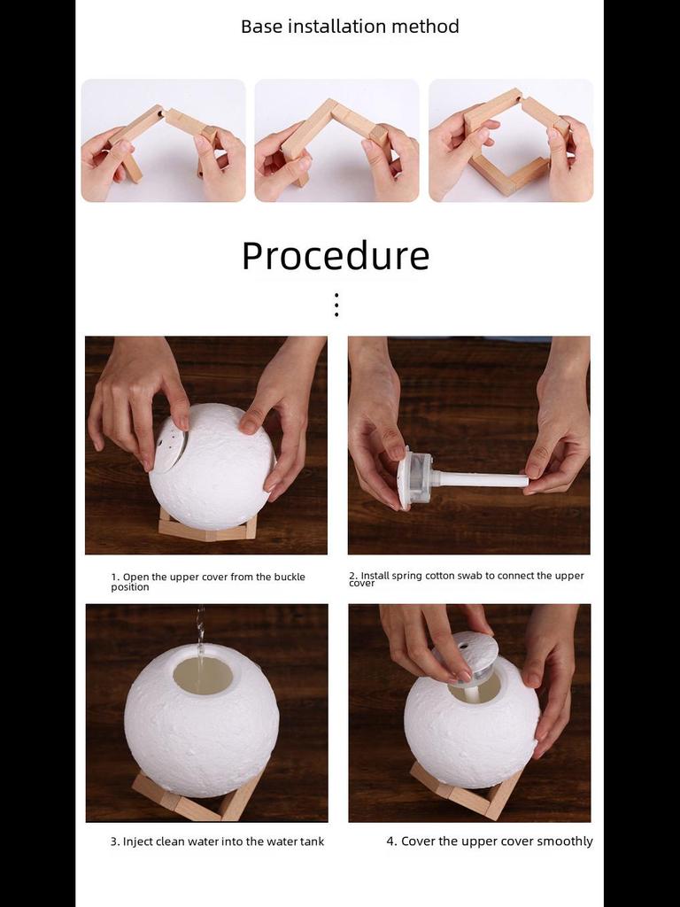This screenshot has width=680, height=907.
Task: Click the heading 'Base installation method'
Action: tap(350, 27)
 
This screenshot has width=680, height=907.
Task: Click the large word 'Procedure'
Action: tap(336, 256)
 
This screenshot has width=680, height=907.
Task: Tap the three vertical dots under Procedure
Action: tap(336, 305)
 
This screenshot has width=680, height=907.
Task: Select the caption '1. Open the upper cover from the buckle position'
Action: tap(208, 581)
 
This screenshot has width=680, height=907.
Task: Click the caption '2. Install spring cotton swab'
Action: tap(467, 578)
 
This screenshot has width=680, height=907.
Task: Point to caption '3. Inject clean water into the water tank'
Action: tap(217, 841)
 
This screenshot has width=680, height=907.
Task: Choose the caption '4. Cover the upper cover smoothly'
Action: tap(489, 841)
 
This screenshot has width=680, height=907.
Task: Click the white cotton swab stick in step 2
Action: tap(483, 480)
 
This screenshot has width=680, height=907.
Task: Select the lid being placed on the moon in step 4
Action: tap(467, 653)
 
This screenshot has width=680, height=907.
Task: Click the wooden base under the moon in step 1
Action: tap(207, 530)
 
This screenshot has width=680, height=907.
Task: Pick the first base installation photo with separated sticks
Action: tap(163, 140)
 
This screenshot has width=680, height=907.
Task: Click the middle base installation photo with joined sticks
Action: tap(336, 140)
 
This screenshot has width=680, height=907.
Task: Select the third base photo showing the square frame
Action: tap(511, 140)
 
